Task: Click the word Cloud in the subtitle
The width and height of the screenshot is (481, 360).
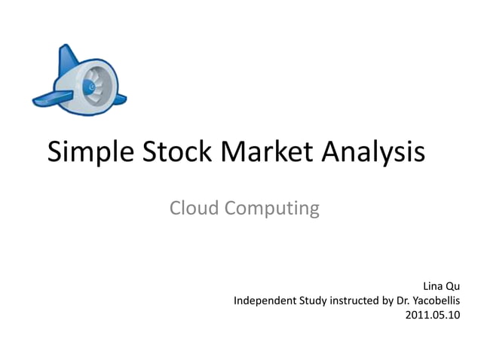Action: [x=194, y=208]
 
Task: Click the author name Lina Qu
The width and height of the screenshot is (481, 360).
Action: [x=441, y=287]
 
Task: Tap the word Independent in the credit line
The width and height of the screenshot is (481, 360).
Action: [x=264, y=301]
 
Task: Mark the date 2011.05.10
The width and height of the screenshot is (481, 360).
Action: [x=432, y=316]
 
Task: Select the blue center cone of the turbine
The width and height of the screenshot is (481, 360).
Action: [x=92, y=86]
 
